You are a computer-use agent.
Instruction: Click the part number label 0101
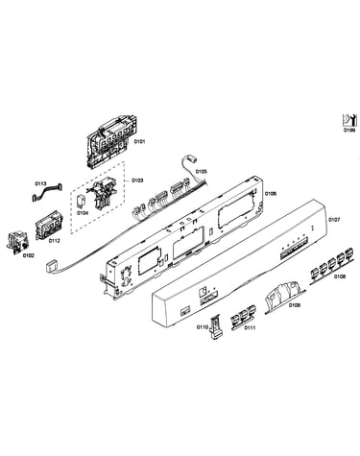(139, 141)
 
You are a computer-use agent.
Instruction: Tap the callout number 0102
(29, 255)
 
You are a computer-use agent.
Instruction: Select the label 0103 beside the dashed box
(137, 180)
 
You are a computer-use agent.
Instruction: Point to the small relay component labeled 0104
(83, 201)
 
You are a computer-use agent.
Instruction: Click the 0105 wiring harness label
(201, 171)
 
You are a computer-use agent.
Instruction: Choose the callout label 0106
(271, 193)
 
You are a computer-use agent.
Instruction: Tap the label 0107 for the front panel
(334, 220)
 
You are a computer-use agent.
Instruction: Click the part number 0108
(340, 276)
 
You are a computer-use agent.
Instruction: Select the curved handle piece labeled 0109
(283, 294)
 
